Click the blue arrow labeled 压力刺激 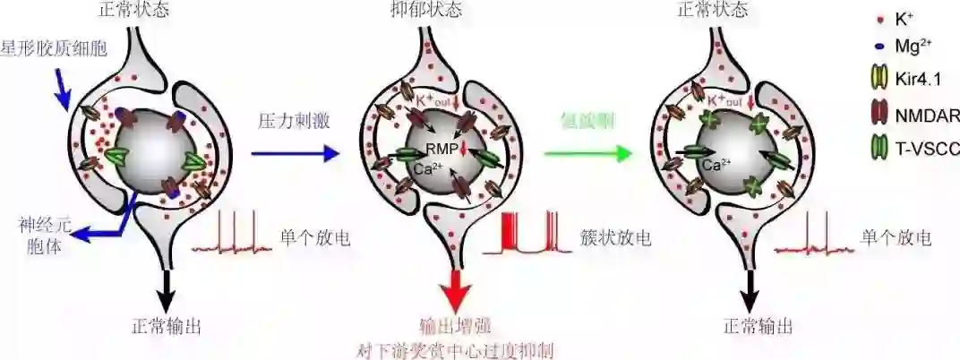(296, 154)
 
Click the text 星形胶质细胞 (56, 47)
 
